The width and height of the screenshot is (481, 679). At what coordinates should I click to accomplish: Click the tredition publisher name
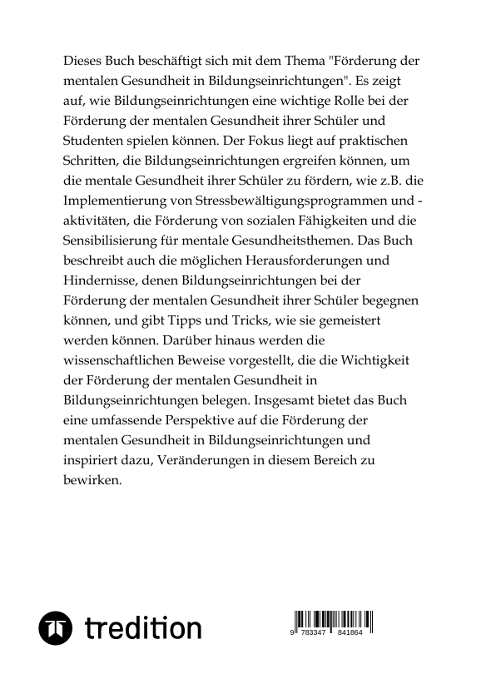click(142, 627)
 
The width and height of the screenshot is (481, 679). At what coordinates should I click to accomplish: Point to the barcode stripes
click(332, 621)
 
